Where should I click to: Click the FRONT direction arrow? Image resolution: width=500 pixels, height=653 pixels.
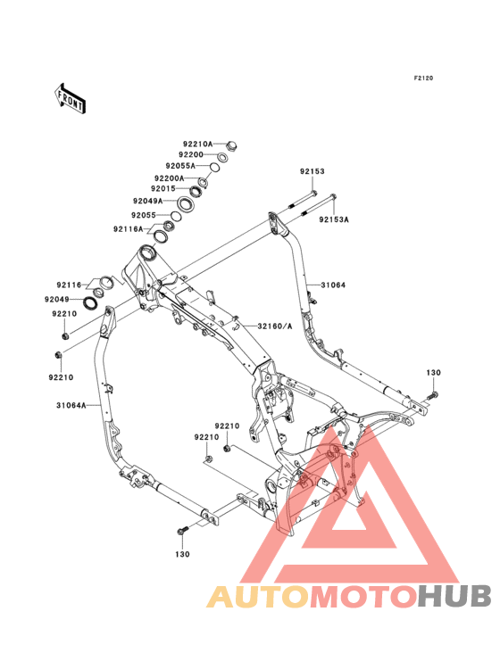[x=71, y=98]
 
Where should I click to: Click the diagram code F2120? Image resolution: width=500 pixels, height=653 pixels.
[x=423, y=78]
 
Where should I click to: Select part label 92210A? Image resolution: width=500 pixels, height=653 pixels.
[x=198, y=145]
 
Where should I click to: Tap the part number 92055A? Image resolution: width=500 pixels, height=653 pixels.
[x=180, y=166]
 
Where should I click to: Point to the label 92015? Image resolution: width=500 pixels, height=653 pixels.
[x=163, y=188]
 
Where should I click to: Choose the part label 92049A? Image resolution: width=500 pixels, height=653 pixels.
[x=148, y=201]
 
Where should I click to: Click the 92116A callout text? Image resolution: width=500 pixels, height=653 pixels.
[x=128, y=229]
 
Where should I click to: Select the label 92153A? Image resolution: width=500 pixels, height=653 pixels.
[x=334, y=219]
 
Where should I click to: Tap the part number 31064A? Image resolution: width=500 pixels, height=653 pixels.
[x=71, y=405]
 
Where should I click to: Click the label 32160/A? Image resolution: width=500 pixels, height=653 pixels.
[x=275, y=326]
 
